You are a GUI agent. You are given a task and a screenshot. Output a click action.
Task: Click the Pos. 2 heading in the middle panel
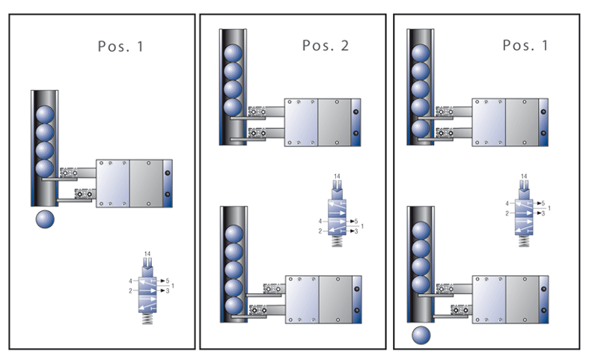pyautogui.click(x=326, y=46)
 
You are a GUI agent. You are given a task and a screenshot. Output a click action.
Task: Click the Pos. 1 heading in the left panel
pyautogui.click(x=120, y=46)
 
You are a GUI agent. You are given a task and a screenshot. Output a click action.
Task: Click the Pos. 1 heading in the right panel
pyautogui.click(x=525, y=45)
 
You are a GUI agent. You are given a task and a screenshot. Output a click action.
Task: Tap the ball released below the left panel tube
pyautogui.click(x=46, y=219)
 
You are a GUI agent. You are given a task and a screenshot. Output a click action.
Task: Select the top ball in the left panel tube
pyautogui.click(x=45, y=114)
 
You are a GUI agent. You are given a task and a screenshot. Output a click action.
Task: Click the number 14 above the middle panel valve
pyautogui.click(x=337, y=177)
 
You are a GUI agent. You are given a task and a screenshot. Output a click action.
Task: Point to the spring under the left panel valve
pyautogui.click(x=147, y=317)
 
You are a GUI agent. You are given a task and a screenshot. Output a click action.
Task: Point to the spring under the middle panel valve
pyautogui.click(x=338, y=242)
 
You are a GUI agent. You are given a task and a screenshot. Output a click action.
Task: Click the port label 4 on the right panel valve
pyautogui.click(x=507, y=203)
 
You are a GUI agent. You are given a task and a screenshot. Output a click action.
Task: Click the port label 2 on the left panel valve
pyautogui.click(x=130, y=290)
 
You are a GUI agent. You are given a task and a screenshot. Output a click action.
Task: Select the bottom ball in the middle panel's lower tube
pyautogui.click(x=234, y=306)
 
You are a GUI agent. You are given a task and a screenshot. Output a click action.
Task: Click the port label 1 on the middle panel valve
pyautogui.click(x=362, y=226)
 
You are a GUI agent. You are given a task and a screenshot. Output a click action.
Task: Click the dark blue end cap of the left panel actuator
pyautogui.click(x=168, y=183)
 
